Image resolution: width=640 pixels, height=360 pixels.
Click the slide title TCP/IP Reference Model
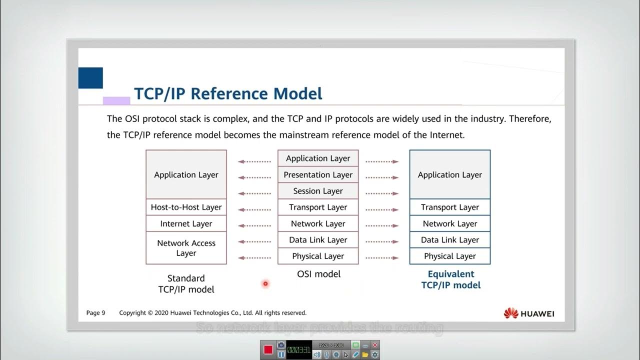point(228,94)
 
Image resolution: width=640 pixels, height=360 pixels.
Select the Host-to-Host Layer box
point(186,207)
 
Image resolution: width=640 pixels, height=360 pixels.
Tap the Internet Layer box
point(186,223)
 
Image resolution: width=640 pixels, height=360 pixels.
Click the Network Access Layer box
point(186,248)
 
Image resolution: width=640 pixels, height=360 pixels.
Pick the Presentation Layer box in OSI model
point(318,174)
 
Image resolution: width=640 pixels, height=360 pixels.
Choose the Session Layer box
point(318,191)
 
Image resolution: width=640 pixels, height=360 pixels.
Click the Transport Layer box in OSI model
point(318,207)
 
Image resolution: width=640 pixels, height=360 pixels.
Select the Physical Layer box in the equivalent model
point(449,256)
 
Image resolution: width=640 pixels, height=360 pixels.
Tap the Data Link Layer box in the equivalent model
point(449,240)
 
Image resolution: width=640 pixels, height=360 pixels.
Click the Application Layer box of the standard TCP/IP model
point(186,174)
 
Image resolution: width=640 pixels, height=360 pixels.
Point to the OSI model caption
point(318,274)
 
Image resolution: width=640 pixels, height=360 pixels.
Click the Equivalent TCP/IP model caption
point(450,279)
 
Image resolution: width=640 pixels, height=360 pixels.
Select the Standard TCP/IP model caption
point(186,283)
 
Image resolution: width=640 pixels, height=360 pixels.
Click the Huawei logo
point(529,313)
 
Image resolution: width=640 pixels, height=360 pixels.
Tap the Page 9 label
point(95,313)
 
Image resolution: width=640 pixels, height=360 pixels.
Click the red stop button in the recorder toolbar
point(268,349)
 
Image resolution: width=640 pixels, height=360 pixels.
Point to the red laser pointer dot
point(265,284)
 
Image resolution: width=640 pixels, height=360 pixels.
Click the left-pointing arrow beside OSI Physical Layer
point(254,258)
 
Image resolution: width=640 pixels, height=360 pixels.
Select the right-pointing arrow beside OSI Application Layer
point(382,161)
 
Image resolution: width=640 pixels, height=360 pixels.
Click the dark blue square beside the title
point(90,78)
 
